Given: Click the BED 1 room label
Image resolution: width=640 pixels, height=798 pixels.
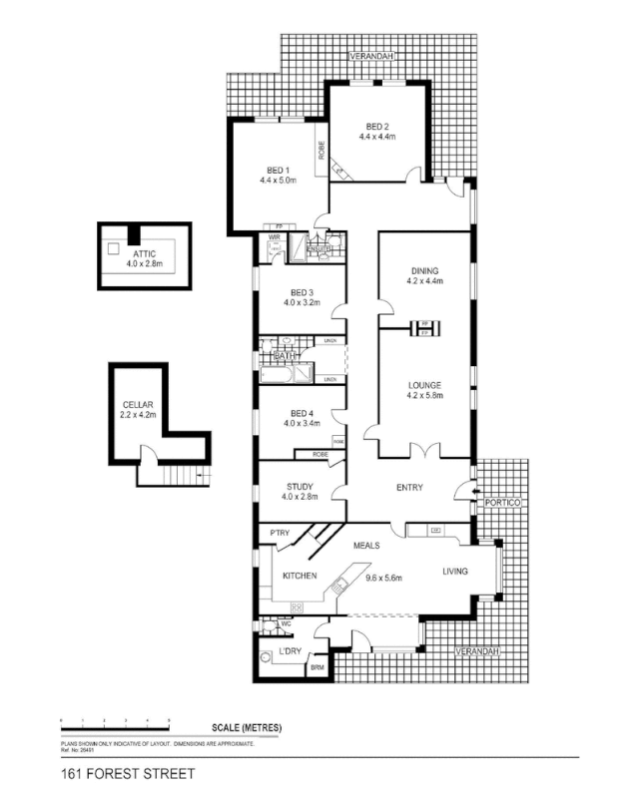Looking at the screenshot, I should [279, 169].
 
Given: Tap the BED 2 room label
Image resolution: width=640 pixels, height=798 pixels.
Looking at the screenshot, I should [376, 127].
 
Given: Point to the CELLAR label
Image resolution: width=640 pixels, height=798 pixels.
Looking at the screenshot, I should [138, 404].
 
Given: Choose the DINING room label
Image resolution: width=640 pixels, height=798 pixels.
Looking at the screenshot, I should [425, 270].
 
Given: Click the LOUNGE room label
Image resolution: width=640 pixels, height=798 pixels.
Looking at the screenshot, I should [425, 384].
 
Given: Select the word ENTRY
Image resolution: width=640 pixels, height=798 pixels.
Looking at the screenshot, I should [409, 488].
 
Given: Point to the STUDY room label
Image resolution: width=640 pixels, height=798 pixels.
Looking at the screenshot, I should [300, 487].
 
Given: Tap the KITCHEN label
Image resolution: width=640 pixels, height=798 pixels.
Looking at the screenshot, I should [300, 577].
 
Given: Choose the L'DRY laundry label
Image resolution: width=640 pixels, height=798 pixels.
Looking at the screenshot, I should [290, 651].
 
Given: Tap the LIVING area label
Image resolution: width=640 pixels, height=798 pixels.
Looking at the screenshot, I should [461, 572].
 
